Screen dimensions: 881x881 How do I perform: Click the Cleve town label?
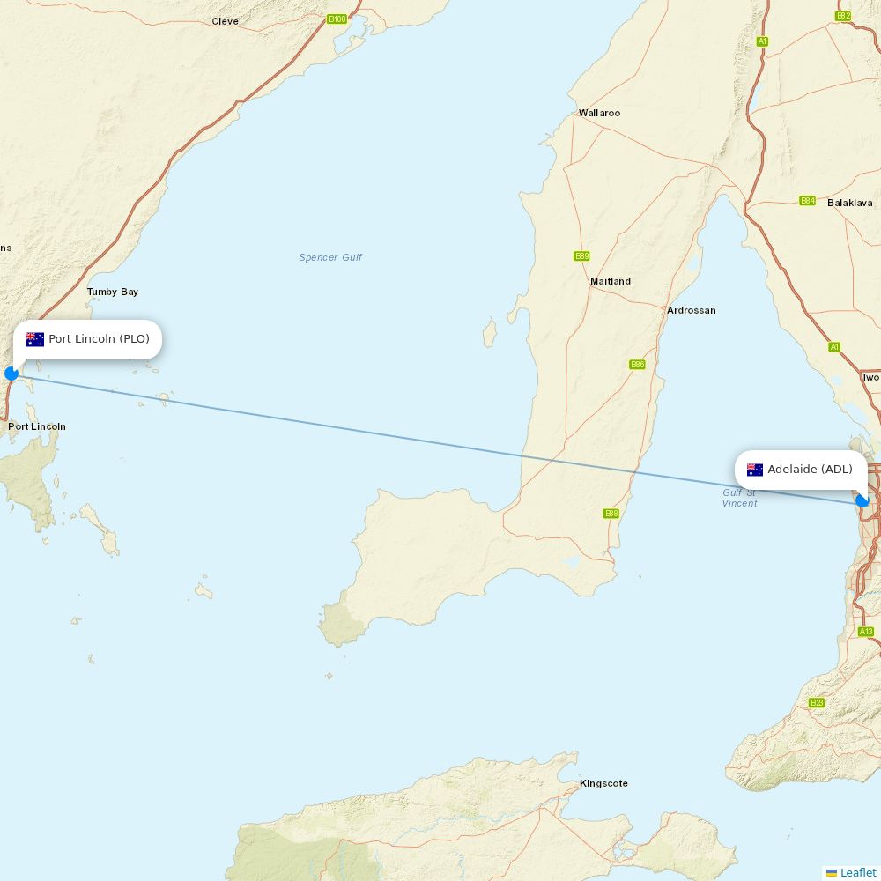click(x=225, y=21)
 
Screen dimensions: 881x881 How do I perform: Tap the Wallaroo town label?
click(x=599, y=113)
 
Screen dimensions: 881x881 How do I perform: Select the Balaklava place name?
click(x=849, y=203)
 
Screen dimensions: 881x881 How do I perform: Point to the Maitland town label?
click(x=611, y=281)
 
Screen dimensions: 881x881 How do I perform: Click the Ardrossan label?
click(x=691, y=310)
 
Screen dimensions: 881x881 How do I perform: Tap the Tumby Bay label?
click(x=112, y=292)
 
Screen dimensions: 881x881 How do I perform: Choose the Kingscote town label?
click(x=603, y=783)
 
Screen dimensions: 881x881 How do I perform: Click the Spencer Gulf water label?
click(x=330, y=257)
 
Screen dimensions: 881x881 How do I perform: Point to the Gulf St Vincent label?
click(x=739, y=498)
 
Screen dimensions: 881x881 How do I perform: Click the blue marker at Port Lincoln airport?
click(x=11, y=374)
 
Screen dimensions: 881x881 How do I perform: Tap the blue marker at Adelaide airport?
click(x=862, y=500)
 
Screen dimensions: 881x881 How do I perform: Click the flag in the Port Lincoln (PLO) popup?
click(x=34, y=339)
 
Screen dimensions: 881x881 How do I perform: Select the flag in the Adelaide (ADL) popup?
click(x=755, y=470)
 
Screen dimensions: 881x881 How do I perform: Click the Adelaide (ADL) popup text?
click(x=810, y=469)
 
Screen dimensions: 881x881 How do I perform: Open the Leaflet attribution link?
click(x=857, y=872)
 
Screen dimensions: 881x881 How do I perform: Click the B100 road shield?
click(x=337, y=19)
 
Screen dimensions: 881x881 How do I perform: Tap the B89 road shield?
click(x=581, y=256)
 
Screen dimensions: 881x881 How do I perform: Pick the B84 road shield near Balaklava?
click(x=807, y=201)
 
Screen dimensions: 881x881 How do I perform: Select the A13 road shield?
click(x=866, y=632)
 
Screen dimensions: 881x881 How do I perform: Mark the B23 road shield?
click(x=817, y=702)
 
